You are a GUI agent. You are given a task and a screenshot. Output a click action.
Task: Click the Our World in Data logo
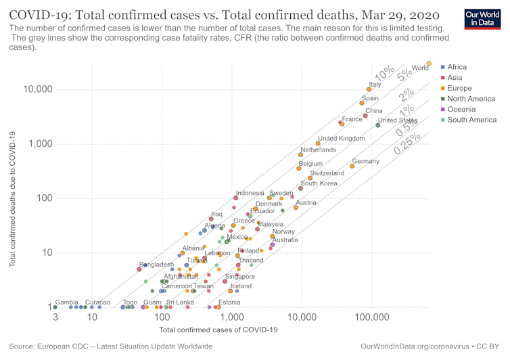pos(481,18)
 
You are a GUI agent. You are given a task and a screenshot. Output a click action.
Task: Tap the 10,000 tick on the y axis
pos(30,89)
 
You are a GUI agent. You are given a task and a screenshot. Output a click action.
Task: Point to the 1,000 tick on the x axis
pos(232,317)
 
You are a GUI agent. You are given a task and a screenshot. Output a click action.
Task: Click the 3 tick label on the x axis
pos(54,317)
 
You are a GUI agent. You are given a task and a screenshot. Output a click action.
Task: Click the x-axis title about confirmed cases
pos(218,330)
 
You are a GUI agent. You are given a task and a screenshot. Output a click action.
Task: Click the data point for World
pos(429,64)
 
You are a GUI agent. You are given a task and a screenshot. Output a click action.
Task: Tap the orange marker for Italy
pos(369,89)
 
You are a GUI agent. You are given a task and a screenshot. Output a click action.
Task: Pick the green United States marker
pos(378,125)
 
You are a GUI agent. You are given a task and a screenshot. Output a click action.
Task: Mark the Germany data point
pos(352,166)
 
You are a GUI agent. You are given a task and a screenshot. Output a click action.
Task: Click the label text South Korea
pos(319,183)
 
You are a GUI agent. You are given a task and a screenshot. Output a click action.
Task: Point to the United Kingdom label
pos(341,139)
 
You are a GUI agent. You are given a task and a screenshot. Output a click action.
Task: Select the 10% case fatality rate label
pos(384,72)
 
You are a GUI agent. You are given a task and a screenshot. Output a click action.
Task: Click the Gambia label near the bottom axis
pos(66,302)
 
